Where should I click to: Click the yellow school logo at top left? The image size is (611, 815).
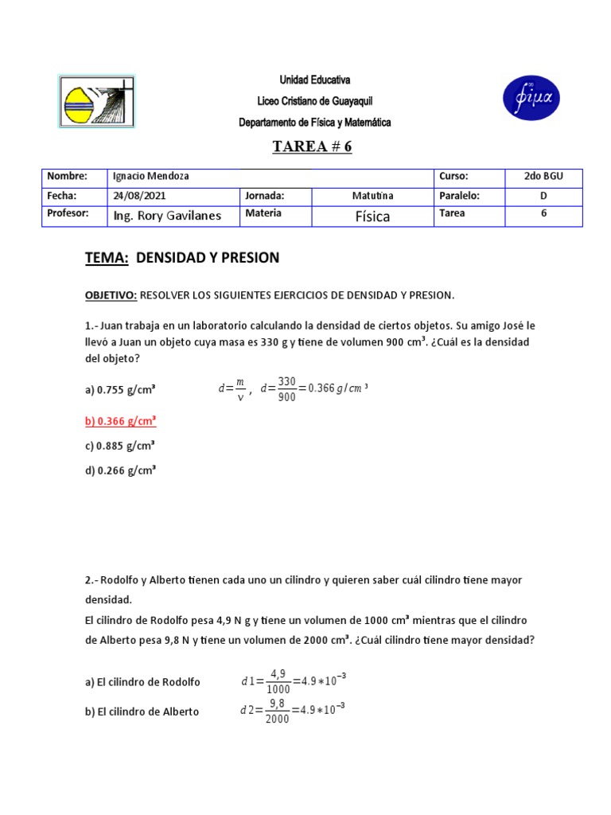96,101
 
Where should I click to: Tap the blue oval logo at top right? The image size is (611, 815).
531,99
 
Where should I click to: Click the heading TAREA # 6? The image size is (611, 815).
312,146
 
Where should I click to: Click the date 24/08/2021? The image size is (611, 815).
140,196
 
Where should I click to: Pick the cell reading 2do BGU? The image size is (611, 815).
543,177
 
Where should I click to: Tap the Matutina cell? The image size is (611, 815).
372,196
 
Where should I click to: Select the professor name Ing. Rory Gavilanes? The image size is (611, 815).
167,215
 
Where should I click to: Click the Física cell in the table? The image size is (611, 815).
372,216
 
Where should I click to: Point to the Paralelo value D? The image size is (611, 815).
543,196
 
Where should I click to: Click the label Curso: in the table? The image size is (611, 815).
453,177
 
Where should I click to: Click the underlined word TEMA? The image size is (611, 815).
107,258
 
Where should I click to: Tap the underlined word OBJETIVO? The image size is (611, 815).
111,295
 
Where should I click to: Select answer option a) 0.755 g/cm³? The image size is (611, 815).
120,390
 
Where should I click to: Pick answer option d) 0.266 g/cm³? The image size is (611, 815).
120,470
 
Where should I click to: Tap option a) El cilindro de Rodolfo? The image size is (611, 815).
142,682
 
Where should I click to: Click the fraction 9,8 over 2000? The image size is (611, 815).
277,711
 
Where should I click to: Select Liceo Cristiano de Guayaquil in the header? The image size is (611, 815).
314,101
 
